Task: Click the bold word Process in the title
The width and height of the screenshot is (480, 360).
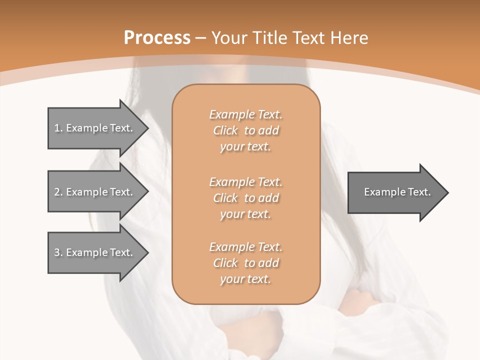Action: [157, 38]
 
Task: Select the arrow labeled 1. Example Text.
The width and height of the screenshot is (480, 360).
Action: [95, 128]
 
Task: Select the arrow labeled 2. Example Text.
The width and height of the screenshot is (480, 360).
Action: [95, 192]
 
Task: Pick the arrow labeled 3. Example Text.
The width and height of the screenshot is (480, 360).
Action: [95, 252]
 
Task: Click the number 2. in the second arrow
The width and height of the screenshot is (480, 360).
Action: [58, 192]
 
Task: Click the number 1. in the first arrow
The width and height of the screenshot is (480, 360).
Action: [58, 128]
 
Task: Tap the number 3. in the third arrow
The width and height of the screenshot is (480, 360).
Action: [58, 252]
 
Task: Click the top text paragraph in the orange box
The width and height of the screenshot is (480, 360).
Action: [246, 130]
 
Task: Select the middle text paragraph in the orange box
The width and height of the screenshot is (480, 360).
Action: [246, 198]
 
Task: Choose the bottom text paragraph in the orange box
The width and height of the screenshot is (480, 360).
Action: [246, 263]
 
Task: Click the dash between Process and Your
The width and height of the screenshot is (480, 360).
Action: [201, 38]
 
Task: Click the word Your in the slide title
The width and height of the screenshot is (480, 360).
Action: [229, 38]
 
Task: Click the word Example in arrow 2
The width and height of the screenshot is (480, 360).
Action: [86, 192]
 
